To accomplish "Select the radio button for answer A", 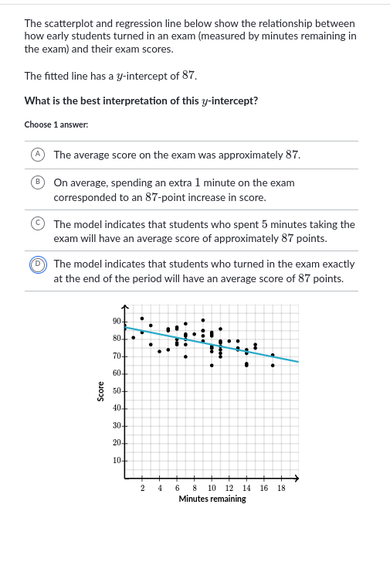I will (37, 155).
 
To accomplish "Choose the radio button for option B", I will (37, 183).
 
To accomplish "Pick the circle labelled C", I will (37, 224).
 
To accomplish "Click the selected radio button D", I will (37, 264).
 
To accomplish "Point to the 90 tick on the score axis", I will (116, 322).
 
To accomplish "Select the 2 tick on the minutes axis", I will (143, 489).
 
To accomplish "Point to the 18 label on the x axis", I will (281, 489).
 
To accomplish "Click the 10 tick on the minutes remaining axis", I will (212, 489).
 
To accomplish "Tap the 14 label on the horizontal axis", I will (246, 489).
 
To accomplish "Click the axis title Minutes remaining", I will (212, 499).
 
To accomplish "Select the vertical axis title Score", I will (100, 391).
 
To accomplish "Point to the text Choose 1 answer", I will (56, 124).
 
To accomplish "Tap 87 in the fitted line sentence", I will (188, 76).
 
